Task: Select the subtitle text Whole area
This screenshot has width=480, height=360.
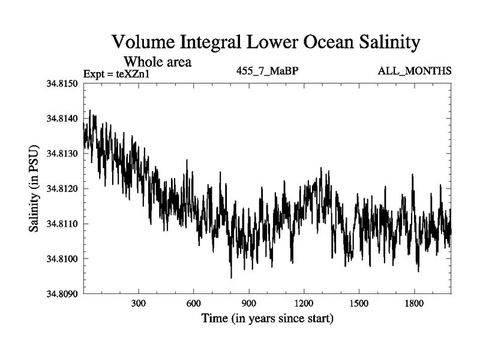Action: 157,61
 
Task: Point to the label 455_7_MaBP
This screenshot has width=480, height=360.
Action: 268,71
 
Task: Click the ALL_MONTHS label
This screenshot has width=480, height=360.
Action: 415,71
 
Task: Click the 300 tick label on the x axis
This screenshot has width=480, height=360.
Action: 139,304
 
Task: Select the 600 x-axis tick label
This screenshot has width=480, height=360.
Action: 194,304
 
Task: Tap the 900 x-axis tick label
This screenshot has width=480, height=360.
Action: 249,304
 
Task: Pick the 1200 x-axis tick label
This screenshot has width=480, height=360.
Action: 304,304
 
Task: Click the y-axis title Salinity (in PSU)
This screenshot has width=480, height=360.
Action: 34,189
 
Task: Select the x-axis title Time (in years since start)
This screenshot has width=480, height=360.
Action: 267,318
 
